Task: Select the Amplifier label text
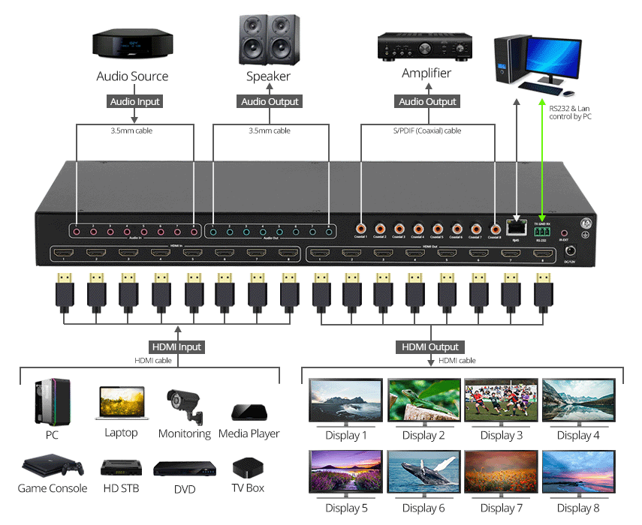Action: click(x=426, y=73)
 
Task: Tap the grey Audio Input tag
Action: click(x=135, y=101)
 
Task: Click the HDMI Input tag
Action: click(x=177, y=347)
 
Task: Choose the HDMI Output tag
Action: click(x=431, y=347)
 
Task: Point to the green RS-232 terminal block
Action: click(x=542, y=232)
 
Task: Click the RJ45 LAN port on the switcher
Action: click(x=516, y=226)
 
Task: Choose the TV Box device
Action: click(x=249, y=467)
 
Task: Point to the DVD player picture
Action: click(x=179, y=469)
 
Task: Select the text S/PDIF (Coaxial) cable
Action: click(x=429, y=131)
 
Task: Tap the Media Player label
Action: click(x=249, y=433)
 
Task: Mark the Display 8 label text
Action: click(x=578, y=508)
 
